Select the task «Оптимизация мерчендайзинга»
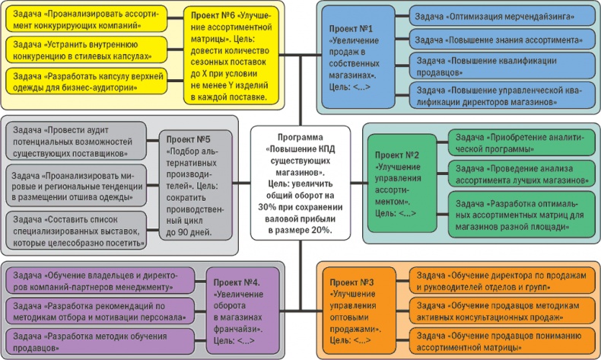tap(491, 16)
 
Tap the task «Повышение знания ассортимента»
tap(491, 37)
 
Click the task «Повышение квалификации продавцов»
tap(491, 65)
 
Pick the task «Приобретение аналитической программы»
tap(520, 142)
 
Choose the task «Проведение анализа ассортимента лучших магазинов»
tap(520, 174)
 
